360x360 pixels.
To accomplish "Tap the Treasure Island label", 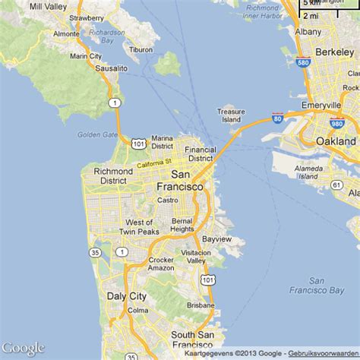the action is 230,115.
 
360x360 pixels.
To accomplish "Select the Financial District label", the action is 201,154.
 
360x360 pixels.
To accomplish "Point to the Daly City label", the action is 126,295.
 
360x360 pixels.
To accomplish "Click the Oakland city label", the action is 336,141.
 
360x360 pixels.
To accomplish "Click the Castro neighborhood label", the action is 167,200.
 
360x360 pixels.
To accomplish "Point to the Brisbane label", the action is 201,305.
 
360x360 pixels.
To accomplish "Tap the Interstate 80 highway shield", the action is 277,118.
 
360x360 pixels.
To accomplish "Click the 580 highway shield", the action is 303,63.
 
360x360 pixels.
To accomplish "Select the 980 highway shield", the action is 337,123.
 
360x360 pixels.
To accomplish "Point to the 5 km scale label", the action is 311,3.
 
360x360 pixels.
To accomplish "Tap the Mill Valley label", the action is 47,6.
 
